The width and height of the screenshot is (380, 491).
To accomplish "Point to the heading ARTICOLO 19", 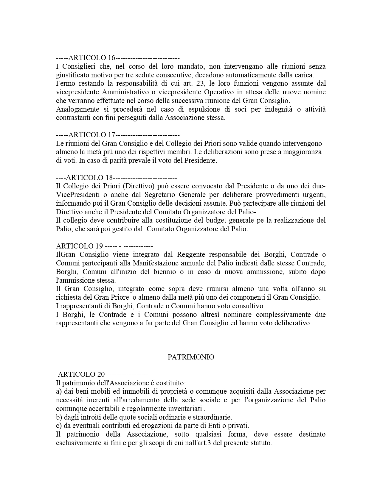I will click(79, 246).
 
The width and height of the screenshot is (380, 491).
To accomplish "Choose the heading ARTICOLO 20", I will click(81, 374).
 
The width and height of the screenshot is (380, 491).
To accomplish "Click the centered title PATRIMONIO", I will click(191, 357).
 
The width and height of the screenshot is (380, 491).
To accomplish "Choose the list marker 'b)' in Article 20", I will click(59, 417).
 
